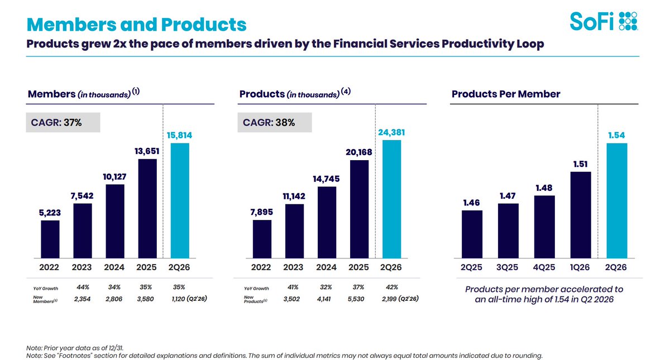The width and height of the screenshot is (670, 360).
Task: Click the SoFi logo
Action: (604, 21)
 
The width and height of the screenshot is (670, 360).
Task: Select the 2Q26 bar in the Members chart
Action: (180, 200)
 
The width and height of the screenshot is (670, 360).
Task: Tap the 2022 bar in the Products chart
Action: (262, 239)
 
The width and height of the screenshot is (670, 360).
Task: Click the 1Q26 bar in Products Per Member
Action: (581, 215)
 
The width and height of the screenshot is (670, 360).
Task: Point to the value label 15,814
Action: (179, 136)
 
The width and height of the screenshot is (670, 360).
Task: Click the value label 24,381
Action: (391, 132)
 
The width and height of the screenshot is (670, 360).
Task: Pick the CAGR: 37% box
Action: (63, 122)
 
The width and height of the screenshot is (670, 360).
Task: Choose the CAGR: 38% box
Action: (275, 122)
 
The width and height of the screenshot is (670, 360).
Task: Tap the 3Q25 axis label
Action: (508, 267)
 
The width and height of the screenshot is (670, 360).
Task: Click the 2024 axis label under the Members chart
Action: (114, 267)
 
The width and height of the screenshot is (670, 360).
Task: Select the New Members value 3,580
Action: (145, 299)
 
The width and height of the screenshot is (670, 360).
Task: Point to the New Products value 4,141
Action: (324, 299)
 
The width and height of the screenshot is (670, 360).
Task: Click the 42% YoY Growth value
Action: (392, 287)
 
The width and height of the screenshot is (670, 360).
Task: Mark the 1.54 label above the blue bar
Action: (616, 136)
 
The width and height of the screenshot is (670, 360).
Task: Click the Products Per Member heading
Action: (506, 94)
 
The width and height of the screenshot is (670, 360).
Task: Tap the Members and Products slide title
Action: (136, 24)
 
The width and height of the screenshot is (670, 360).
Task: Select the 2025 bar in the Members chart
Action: (147, 208)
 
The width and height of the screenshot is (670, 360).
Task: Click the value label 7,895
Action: (262, 212)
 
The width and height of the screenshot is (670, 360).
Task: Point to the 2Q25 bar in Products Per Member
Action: (472, 234)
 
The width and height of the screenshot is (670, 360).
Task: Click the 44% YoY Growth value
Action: (83, 287)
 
